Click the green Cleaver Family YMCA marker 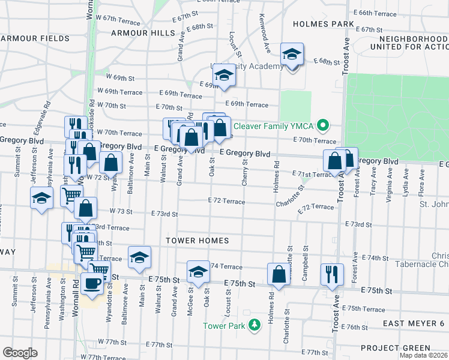[324, 126]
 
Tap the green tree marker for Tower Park [256, 325]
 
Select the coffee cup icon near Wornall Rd [91, 283]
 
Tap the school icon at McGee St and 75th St [198, 271]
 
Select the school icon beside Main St [139, 257]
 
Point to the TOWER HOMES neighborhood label [198, 241]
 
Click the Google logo [19, 352]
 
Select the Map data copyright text [423, 355]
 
